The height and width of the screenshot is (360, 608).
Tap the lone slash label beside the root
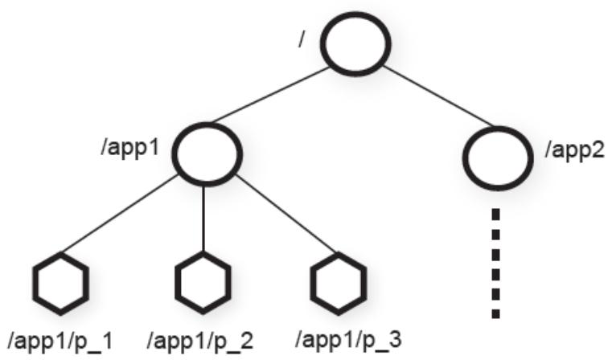[x=301, y=39]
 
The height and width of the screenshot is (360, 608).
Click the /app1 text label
[x=130, y=147]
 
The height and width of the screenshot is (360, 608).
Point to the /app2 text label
[x=575, y=149]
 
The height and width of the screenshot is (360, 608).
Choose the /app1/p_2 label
[x=200, y=341]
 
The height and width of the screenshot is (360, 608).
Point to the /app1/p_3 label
[x=348, y=339]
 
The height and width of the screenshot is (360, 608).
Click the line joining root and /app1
[x=271, y=95]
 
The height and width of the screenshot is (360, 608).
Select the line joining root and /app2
[x=438, y=96]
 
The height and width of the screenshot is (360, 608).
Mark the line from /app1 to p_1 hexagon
[x=120, y=215]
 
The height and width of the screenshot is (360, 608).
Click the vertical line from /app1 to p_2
[x=203, y=219]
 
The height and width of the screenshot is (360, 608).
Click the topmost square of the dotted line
[x=495, y=214]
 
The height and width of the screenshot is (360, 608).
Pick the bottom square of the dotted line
[x=495, y=313]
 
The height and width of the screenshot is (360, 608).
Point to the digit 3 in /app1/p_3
[x=395, y=338]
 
